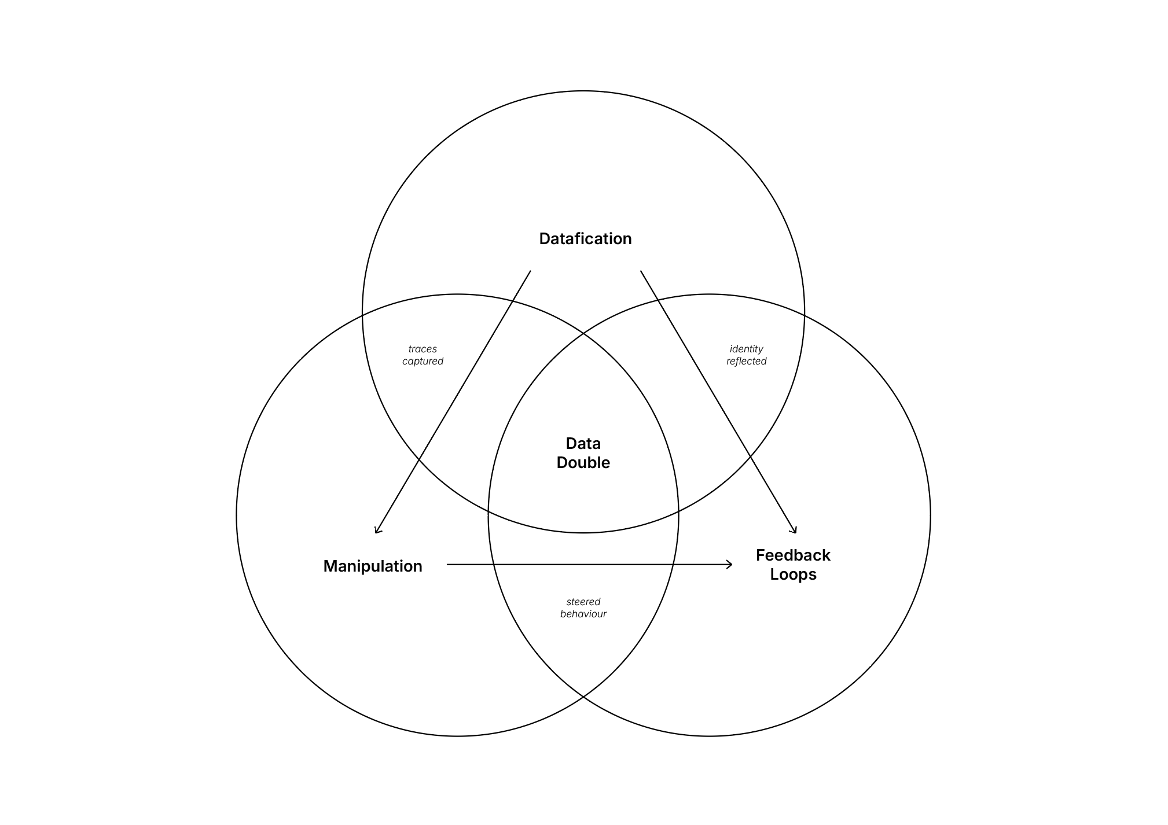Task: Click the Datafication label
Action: click(585, 238)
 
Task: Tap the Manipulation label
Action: click(373, 566)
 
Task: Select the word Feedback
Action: click(793, 555)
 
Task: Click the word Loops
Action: click(793, 574)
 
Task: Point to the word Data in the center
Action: click(583, 444)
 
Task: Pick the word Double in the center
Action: click(583, 463)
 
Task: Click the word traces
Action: click(423, 349)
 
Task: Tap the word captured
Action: click(423, 361)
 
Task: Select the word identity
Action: click(746, 349)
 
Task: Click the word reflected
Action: click(746, 361)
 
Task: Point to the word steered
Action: click(583, 602)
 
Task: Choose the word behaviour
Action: click(583, 614)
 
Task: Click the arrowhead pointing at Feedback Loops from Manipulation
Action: click(731, 564)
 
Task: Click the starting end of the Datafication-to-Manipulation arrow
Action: click(530, 271)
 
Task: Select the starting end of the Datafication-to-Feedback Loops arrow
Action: click(641, 271)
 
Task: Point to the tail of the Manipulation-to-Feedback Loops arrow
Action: click(447, 564)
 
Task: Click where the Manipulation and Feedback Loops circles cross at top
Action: click(583, 334)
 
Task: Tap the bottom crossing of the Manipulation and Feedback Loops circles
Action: click(583, 697)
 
